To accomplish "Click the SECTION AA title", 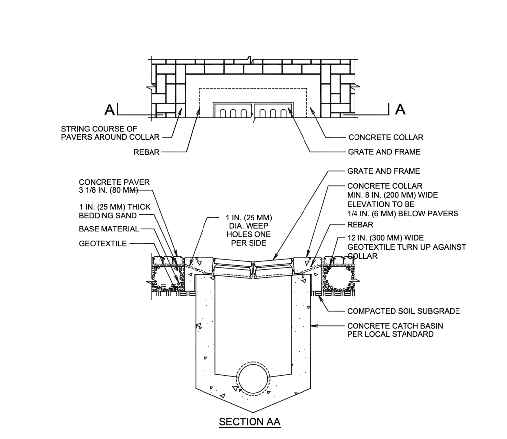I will (x=250, y=422).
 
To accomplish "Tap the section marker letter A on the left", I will (x=110, y=109).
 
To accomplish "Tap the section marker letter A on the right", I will (x=400, y=109).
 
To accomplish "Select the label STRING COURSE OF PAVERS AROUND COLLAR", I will (x=110, y=133).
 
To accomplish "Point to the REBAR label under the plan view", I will (x=147, y=152).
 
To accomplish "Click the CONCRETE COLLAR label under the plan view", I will (x=386, y=137).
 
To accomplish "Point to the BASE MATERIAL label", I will (x=109, y=229).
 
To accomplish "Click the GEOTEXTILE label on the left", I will (x=103, y=243).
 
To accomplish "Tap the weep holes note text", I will (x=246, y=230).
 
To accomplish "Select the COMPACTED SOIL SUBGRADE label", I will (x=404, y=311).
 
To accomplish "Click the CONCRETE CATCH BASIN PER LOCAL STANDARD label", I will (x=395, y=330).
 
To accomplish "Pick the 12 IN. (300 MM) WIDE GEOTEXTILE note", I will (x=406, y=247).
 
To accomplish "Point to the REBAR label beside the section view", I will (x=360, y=225).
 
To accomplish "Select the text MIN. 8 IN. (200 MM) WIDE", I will (x=392, y=195).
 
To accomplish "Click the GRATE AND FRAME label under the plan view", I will (x=384, y=152).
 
